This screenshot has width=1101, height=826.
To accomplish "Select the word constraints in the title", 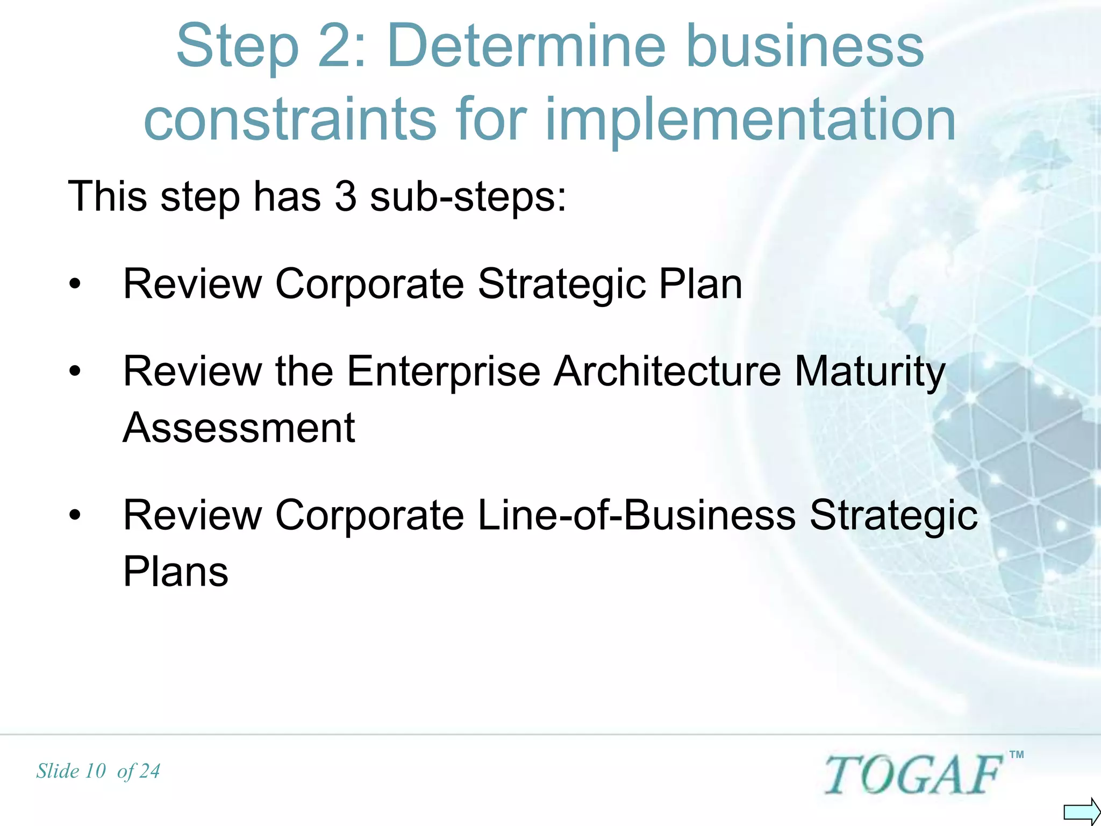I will [290, 119].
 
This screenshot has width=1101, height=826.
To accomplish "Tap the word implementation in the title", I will [750, 119].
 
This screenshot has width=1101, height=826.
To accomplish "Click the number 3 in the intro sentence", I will [345, 197].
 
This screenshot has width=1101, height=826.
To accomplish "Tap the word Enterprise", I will [444, 372].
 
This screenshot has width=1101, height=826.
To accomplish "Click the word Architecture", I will [667, 372].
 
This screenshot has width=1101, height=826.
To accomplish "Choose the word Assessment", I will [239, 428].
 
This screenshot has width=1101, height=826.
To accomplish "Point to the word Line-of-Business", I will [637, 515].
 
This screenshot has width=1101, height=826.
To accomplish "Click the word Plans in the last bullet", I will [176, 571].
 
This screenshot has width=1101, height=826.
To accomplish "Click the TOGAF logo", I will [913, 774].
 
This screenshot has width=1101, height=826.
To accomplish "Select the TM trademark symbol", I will [1016, 755].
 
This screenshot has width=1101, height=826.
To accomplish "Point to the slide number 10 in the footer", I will [96, 771].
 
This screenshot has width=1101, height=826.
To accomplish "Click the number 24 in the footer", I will [149, 771].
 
